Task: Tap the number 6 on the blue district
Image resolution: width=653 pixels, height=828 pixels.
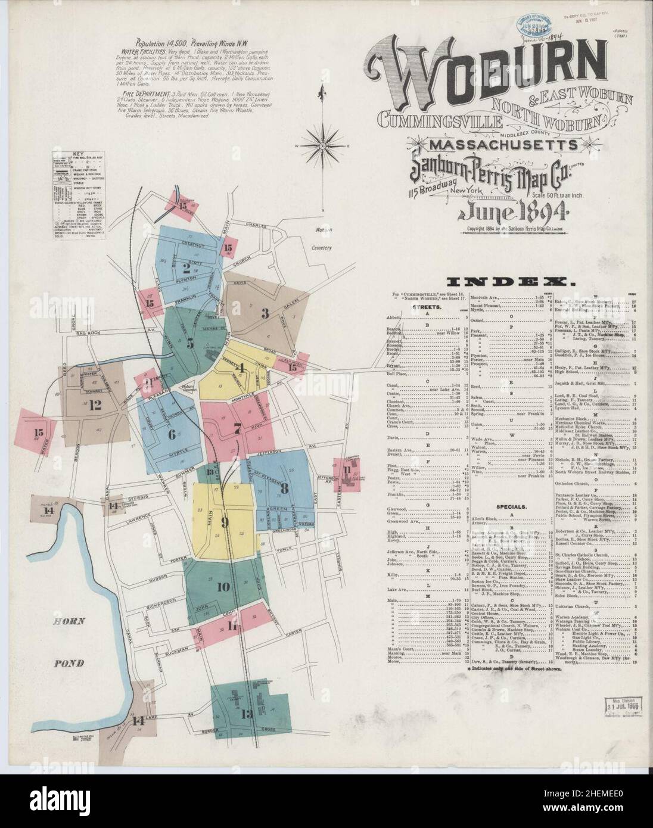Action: (172, 434)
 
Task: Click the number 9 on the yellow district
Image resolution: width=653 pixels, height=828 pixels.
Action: (225, 523)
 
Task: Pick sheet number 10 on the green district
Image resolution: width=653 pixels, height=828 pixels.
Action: (223, 587)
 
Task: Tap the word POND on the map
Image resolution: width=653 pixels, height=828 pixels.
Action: (69, 663)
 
